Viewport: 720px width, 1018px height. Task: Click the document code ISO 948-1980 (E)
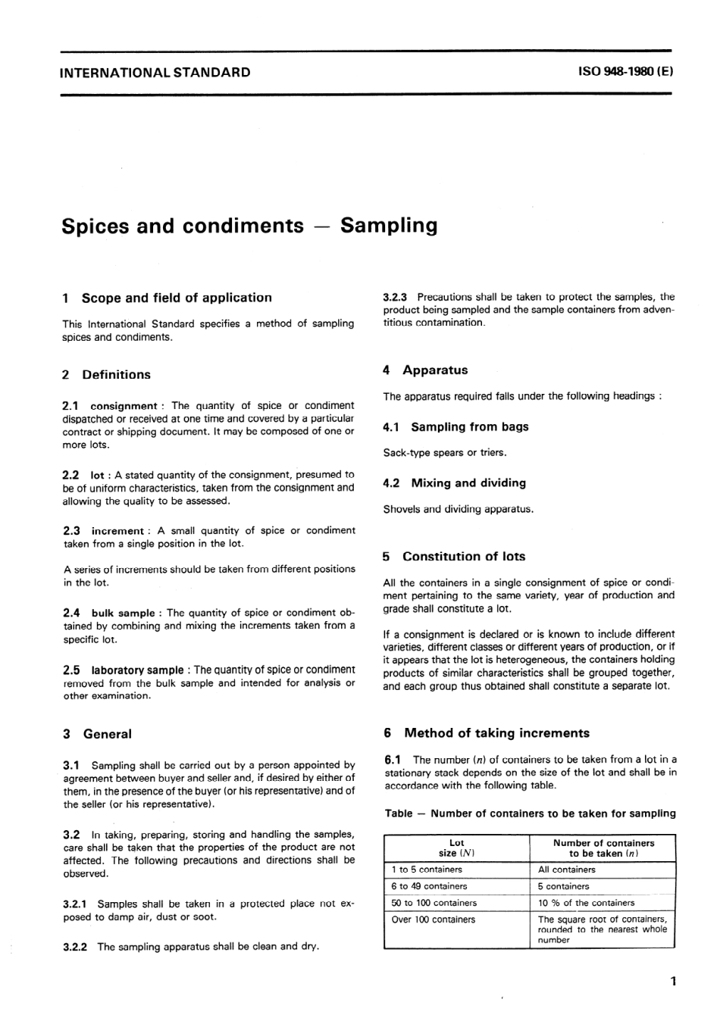click(625, 73)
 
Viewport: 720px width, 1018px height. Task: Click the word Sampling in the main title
click(389, 226)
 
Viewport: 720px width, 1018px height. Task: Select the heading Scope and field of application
click(177, 298)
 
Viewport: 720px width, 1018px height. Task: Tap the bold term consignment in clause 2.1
click(124, 406)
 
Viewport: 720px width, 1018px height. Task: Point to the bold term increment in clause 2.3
click(117, 531)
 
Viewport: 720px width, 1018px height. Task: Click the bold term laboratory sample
click(137, 670)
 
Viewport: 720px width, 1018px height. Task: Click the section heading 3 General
click(98, 734)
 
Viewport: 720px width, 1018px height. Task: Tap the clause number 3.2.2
click(76, 947)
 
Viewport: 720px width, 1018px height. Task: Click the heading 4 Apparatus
click(426, 370)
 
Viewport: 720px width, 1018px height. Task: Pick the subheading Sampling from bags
click(470, 427)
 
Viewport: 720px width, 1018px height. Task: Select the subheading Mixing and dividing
click(468, 483)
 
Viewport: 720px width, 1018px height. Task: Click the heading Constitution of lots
click(464, 557)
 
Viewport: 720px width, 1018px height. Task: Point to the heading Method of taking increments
click(496, 733)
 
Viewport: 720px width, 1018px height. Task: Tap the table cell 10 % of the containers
click(586, 903)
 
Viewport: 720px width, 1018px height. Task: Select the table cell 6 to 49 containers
click(429, 886)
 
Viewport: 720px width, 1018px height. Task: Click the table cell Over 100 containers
click(433, 920)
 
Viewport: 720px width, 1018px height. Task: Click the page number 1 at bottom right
click(673, 982)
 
